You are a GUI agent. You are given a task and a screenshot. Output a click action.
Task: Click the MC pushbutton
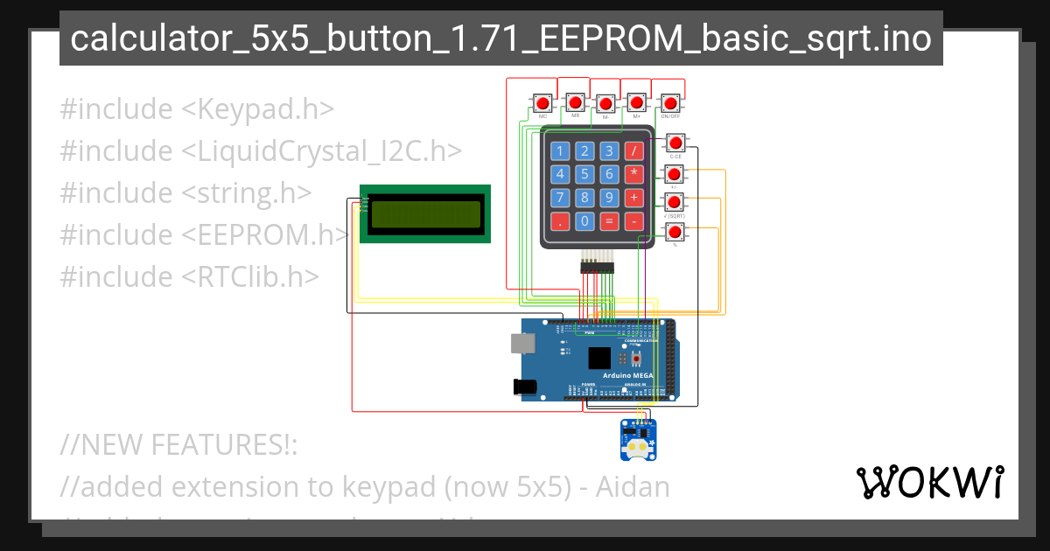[x=542, y=104]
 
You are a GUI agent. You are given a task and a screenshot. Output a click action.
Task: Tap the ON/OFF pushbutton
[x=670, y=103]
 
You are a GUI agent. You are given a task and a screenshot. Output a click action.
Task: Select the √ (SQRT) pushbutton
[x=674, y=202]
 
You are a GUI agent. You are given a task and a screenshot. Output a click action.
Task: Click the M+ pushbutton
[x=637, y=103]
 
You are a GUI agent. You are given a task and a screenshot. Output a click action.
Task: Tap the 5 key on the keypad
[x=585, y=174]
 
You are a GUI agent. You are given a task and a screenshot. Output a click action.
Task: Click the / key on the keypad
[x=634, y=150]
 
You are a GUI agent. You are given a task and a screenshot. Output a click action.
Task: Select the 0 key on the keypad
[x=585, y=221]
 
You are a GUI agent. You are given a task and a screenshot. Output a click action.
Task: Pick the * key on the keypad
[x=634, y=174]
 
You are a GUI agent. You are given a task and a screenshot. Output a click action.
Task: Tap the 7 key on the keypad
[x=561, y=198]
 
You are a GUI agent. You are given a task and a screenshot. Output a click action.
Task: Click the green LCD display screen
[x=425, y=213]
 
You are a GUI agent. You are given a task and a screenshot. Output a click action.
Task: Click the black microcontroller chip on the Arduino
[x=599, y=358]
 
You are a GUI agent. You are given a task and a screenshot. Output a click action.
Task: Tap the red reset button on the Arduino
[x=637, y=359]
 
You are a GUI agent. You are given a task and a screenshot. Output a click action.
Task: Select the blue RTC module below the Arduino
[x=638, y=440]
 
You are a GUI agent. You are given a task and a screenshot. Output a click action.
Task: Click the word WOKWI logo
[x=930, y=482]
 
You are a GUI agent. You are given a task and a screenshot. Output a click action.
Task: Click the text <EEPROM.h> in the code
[x=266, y=234]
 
